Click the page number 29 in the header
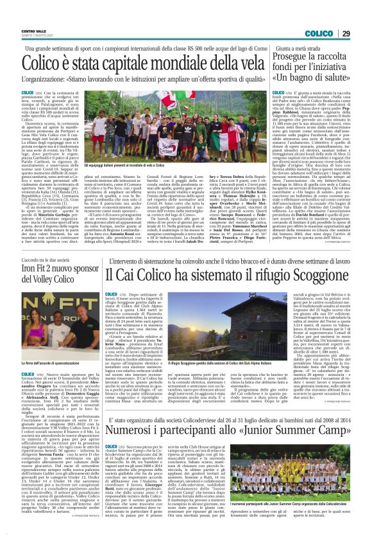pos(362,33)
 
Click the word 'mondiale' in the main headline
pos(194,64)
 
